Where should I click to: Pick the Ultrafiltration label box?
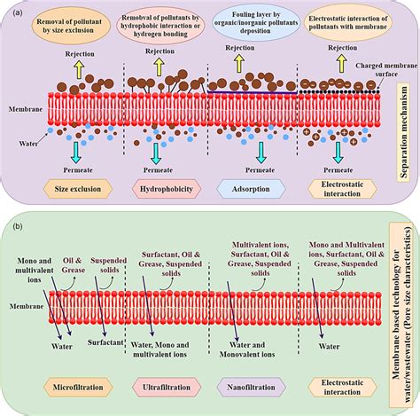click(165, 389)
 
